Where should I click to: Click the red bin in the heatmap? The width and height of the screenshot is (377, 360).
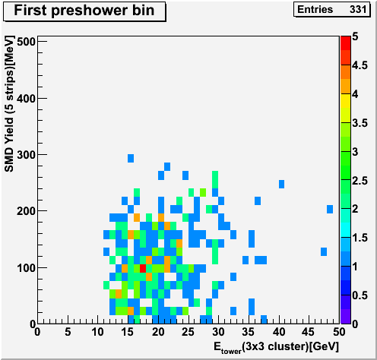coord(143,268)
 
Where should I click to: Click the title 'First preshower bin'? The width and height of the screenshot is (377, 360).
coord(84,11)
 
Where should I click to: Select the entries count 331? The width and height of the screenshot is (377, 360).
coord(358,10)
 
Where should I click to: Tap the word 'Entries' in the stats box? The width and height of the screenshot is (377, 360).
coord(315,10)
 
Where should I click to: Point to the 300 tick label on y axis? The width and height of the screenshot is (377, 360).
coord(26,155)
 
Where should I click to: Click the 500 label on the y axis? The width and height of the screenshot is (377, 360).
coord(26,42)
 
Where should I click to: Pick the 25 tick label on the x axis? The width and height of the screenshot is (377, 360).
coord(188,332)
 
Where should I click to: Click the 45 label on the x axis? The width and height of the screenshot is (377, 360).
coord(309,332)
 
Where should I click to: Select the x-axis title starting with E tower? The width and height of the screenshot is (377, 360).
coord(276,347)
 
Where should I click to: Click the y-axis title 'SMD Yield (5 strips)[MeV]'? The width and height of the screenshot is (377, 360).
coord(9,104)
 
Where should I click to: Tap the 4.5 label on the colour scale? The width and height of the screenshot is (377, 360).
coord(360,65)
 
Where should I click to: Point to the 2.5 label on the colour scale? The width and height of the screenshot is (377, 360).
coord(360,181)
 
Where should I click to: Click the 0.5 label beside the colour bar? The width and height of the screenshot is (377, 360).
coord(360,295)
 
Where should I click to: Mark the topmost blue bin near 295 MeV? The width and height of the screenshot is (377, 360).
coord(131,158)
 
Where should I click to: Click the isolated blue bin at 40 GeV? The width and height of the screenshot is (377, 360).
coord(281,184)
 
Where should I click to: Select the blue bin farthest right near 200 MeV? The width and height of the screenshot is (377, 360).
coord(330,210)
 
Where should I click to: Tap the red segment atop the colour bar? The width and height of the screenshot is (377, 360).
coord(346,43)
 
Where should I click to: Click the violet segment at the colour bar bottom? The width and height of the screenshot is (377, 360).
coord(346,317)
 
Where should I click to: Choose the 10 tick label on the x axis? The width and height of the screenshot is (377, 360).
coord(97,332)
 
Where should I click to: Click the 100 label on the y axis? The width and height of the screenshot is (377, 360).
coord(26,268)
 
